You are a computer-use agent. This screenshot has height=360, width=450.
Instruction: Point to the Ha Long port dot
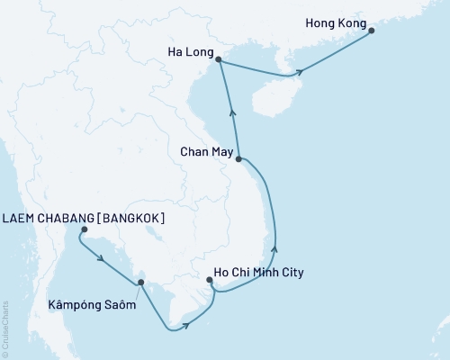pos(220,60)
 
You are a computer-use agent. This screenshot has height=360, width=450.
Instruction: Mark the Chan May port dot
pos(238,159)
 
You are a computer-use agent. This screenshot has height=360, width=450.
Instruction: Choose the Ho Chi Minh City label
pos(259,272)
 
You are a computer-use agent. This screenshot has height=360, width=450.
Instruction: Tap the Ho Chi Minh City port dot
pos(210,281)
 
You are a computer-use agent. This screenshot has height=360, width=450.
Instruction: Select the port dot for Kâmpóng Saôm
pos(139,283)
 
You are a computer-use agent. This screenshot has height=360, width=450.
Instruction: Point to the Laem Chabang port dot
pos(84,230)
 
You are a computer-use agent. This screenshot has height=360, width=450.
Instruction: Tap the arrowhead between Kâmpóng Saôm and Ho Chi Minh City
pos(184,326)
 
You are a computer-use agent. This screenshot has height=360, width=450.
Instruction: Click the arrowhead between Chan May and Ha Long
pos(233,112)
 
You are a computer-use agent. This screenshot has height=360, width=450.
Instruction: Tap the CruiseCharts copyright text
pos(4,328)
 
